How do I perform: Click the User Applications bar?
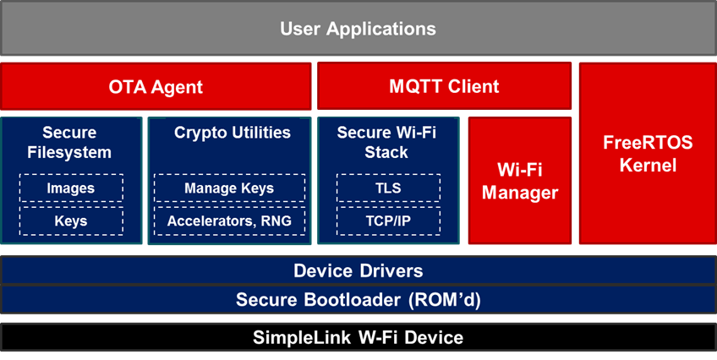(358, 29)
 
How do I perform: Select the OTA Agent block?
(156, 86)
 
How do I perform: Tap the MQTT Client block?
(444, 86)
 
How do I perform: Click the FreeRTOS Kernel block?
(648, 154)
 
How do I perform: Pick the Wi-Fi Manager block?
(520, 181)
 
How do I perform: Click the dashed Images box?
(71, 188)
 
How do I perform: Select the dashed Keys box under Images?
(71, 221)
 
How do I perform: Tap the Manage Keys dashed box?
(229, 188)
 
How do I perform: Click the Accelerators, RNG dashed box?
(229, 221)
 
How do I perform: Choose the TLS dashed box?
(388, 188)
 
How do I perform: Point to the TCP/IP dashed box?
(388, 221)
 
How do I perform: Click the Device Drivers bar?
(358, 270)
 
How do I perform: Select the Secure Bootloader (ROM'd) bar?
(358, 300)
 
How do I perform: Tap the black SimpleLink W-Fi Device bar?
(358, 338)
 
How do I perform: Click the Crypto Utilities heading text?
(233, 133)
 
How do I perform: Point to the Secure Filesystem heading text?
(69, 142)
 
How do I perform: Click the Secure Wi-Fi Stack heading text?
(386, 142)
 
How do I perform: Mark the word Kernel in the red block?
(648, 165)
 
